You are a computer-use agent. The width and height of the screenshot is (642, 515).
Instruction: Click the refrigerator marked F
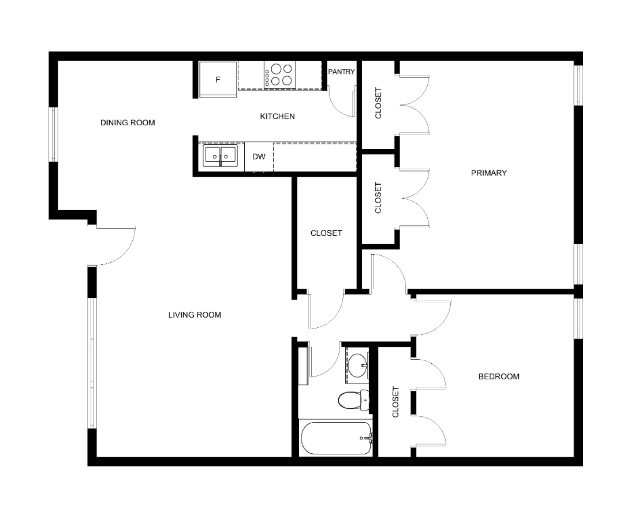pos(218,80)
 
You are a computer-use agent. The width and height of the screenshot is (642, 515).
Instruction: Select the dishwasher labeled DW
pos(259,157)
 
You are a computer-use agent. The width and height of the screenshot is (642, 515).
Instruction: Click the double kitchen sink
pos(221,156)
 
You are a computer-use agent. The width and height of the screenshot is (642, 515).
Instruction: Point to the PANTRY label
pos(341,72)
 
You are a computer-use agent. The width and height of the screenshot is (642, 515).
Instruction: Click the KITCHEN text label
pos(277,116)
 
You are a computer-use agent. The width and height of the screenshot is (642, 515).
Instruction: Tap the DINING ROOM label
pos(128,122)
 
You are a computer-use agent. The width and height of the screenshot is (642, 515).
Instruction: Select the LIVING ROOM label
pos(195,315)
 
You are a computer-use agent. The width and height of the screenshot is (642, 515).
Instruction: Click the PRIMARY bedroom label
pos(489,173)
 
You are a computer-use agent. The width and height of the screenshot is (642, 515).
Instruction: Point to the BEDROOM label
pos(499,376)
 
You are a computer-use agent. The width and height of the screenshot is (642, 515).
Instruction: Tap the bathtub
pos(336,438)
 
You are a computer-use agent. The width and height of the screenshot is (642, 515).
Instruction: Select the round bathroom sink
pos(358,365)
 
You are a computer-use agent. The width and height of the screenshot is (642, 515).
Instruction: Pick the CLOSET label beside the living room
pos(326,233)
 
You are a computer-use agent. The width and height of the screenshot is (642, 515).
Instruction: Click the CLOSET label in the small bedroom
pos(395,402)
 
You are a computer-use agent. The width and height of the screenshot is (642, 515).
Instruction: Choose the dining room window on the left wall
pos(53,135)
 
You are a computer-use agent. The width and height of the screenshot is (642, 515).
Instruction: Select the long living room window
pos(92,363)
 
